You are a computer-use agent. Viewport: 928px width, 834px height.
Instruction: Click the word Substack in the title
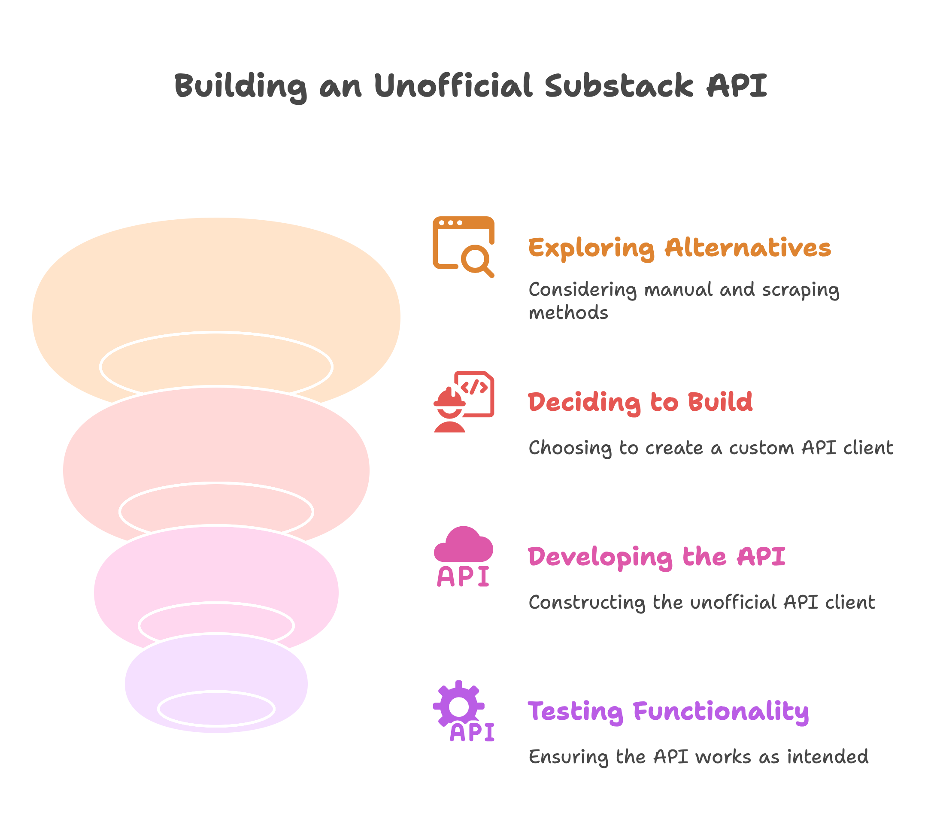coord(619,86)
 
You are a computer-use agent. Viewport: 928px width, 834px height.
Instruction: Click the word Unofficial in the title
coord(453,86)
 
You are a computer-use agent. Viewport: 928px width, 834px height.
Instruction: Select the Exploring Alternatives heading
coord(679,248)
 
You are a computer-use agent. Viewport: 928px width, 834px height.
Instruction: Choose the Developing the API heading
coord(657,557)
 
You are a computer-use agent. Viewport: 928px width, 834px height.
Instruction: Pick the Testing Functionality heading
coord(668,711)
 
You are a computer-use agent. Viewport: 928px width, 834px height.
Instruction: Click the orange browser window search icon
coord(463,246)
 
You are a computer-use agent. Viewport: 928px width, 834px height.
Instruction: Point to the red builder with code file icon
coord(463,401)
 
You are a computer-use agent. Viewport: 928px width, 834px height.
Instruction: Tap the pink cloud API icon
coord(463,556)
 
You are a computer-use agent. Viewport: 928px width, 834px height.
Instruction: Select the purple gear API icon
coord(463,711)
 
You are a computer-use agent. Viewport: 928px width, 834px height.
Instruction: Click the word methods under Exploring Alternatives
coord(568,313)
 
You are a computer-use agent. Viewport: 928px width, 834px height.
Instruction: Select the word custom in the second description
coord(761,448)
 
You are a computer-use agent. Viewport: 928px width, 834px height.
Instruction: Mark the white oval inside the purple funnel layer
coord(216,708)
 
